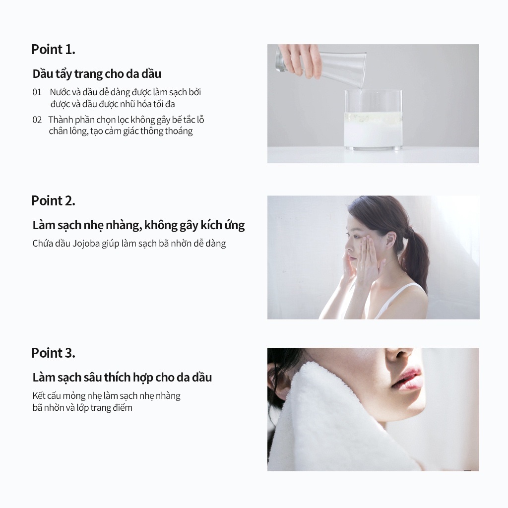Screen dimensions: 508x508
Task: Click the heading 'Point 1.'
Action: click(x=53, y=50)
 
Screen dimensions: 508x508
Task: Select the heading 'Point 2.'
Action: click(x=53, y=201)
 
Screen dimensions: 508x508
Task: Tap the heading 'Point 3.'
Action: click(x=53, y=353)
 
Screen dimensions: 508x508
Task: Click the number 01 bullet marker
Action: click(x=37, y=92)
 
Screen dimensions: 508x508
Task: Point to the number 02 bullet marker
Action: click(x=37, y=120)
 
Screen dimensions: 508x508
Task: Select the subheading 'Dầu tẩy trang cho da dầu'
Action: click(x=97, y=74)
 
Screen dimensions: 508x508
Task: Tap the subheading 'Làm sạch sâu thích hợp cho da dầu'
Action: click(x=122, y=378)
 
